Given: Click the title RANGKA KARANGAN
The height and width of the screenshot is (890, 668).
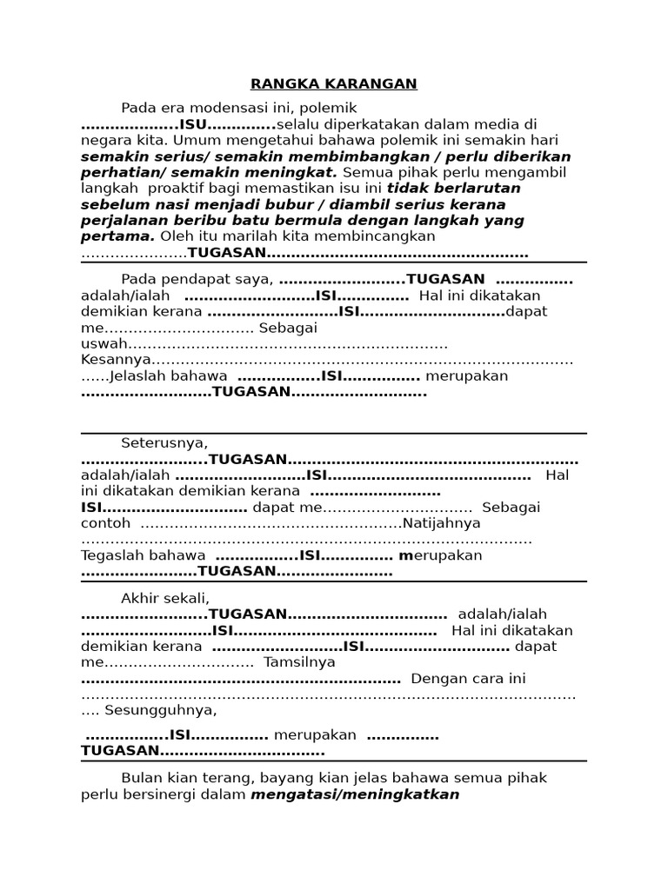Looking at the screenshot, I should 334,83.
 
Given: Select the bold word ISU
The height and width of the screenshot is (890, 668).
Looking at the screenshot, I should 193,124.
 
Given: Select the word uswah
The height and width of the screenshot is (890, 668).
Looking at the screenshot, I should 104,344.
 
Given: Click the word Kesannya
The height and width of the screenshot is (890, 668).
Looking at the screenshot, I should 115,360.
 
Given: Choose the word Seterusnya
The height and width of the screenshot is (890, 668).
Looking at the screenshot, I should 164,442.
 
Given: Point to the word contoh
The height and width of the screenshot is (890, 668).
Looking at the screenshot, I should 106,523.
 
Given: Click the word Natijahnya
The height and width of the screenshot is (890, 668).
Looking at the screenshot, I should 441,523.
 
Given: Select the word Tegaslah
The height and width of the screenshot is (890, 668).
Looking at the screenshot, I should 144,555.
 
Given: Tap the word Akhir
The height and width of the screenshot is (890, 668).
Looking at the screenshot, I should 141,598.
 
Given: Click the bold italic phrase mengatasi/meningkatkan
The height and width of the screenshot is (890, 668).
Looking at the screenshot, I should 355,794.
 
